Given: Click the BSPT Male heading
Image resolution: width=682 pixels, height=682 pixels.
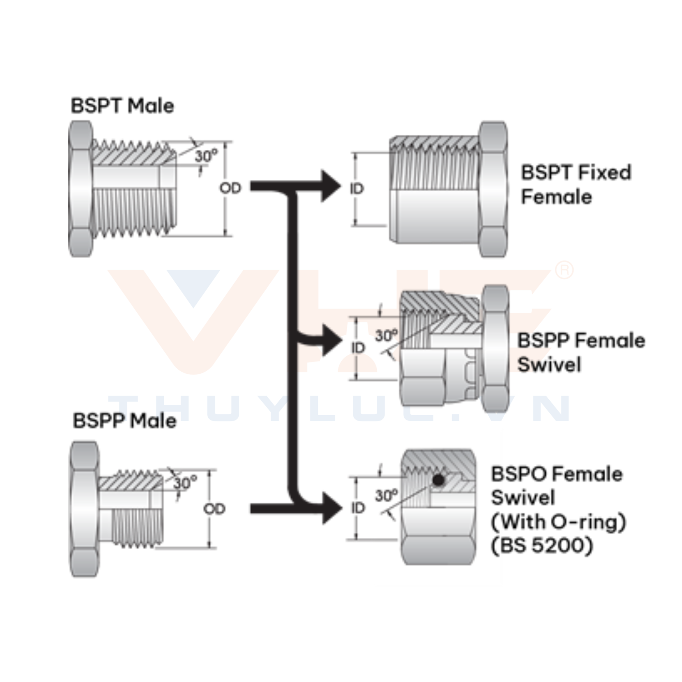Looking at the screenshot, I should coord(122,106).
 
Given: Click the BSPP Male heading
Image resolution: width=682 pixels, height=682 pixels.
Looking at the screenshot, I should coord(124,421).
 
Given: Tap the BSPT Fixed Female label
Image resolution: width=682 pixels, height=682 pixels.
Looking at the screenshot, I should coord(575,184).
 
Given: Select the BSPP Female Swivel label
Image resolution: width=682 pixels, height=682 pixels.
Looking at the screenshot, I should coord(581,352).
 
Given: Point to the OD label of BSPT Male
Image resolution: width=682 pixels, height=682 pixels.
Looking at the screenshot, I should coord(230,188).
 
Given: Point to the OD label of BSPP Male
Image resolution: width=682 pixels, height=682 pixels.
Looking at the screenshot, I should coord(214,509).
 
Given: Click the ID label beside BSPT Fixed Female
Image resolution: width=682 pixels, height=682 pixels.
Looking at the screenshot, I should coord(357,189).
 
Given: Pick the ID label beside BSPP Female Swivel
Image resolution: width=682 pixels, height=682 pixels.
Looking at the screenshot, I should coord(358,348).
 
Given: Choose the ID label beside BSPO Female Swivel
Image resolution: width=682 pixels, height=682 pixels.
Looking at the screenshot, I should coord(358,508).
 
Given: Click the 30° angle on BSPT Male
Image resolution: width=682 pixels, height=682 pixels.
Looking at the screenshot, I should coord(206,156).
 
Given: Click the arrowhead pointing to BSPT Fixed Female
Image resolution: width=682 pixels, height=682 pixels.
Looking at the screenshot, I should coord(330,186).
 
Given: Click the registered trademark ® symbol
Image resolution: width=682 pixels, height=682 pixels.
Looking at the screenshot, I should coord(564,270).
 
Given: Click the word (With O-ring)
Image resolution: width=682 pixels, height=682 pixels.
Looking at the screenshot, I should coord(558,521).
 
